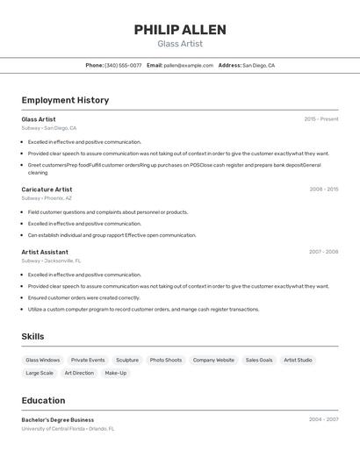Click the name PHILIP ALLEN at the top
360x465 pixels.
coord(180,30)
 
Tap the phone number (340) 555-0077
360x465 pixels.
coord(123,65)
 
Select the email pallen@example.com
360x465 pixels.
coord(188,65)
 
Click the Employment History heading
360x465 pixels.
coord(65,100)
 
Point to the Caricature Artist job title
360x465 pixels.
coord(47,190)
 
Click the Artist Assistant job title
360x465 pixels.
coord(45,252)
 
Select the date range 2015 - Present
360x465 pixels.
coord(321,119)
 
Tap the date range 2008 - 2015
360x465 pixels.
coord(324,190)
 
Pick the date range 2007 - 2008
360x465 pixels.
coord(324,252)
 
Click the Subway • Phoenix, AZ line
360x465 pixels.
coord(47,198)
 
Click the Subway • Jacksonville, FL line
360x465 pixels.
coord(51,261)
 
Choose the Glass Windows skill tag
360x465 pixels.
coord(43,360)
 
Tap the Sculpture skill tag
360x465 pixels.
coord(127,360)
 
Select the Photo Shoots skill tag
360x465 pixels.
coord(166,360)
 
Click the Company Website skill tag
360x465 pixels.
coord(213,360)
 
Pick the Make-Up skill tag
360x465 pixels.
coord(116,373)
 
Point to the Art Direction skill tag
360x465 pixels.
coord(79,373)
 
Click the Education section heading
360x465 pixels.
coord(44,400)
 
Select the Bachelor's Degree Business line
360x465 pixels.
coord(58,419)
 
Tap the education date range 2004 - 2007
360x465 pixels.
coord(324,419)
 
